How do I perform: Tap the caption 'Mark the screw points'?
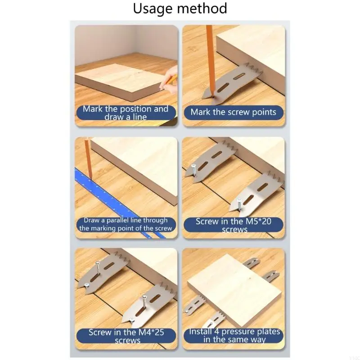point(233,112)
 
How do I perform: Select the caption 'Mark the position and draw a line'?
point(125,112)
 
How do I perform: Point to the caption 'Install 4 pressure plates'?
point(233,335)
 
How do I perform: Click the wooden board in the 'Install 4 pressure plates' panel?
point(234,288)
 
